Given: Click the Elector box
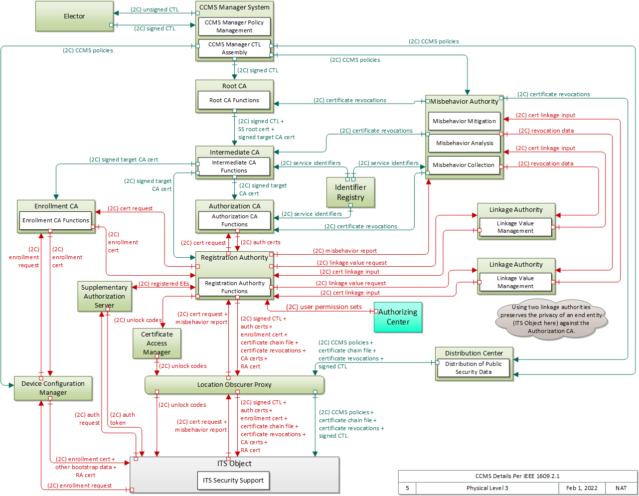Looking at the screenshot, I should click(x=74, y=16).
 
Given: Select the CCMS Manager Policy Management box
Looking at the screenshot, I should click(x=234, y=26).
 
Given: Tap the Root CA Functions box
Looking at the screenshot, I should click(x=234, y=100).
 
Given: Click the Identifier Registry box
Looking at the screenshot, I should click(x=350, y=192).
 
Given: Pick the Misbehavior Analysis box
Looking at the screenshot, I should click(x=464, y=143).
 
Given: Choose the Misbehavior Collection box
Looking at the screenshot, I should click(x=464, y=165).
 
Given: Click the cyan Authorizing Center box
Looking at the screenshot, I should click(x=398, y=317).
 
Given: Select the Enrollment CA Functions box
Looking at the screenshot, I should click(x=56, y=220).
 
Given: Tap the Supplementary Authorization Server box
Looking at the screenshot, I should click(x=104, y=296).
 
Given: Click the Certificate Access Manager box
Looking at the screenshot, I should click(x=157, y=343).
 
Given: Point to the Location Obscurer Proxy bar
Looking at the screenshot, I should click(x=234, y=385).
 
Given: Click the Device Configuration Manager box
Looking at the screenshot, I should click(x=53, y=388).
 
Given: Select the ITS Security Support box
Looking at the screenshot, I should click(x=233, y=481).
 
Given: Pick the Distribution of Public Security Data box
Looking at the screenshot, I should click(x=473, y=368).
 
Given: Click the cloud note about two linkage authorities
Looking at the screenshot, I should click(x=551, y=319).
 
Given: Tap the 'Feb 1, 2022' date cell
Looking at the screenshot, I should click(x=581, y=488).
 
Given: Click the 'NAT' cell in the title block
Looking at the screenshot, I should click(x=621, y=488).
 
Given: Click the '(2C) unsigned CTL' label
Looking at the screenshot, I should click(x=155, y=9).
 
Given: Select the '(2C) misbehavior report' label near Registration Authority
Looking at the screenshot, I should click(x=345, y=251).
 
